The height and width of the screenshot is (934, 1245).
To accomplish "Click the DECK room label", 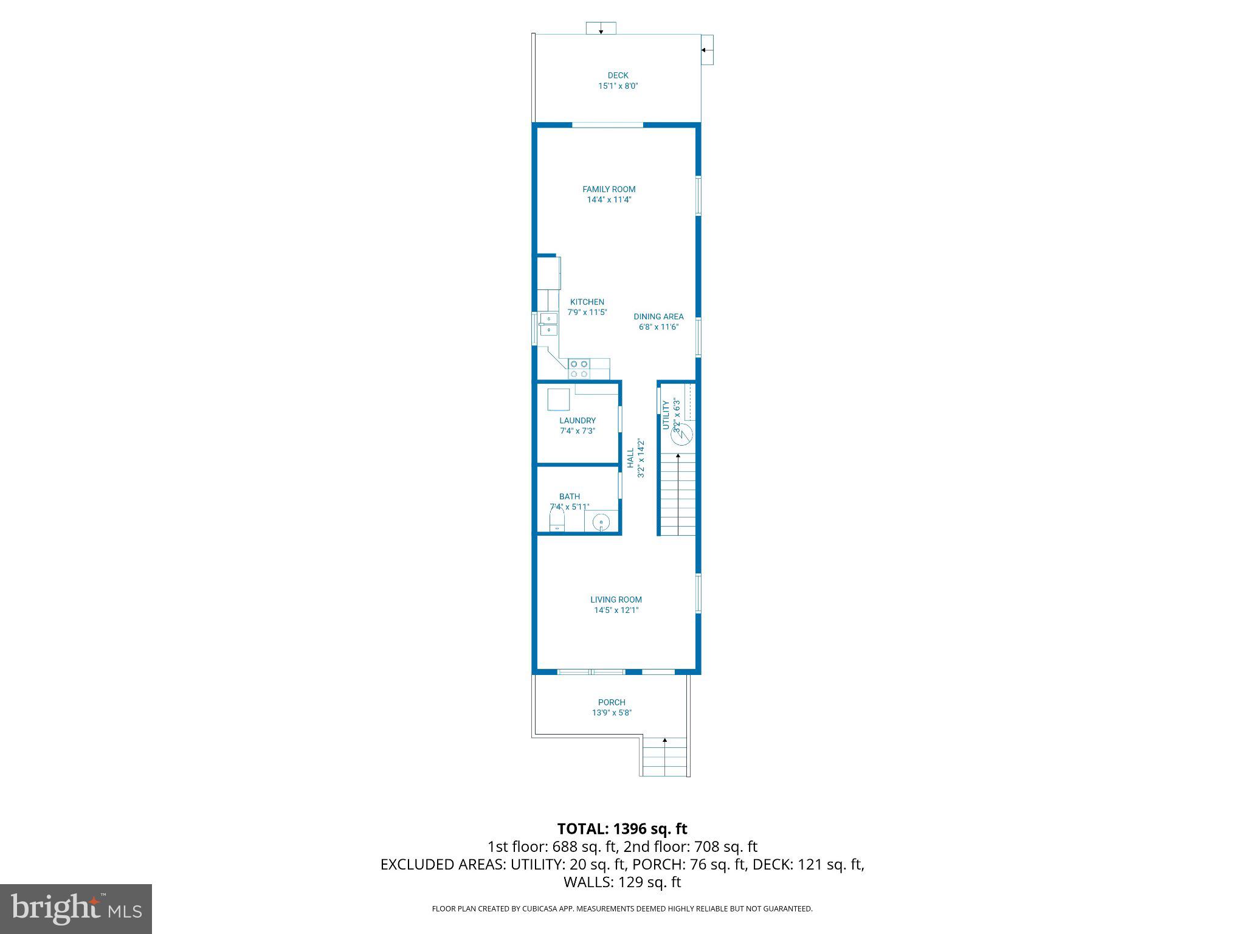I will [x=618, y=76].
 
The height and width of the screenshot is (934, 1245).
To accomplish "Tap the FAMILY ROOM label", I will [x=609, y=189].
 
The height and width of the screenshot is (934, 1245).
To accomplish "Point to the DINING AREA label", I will [x=658, y=316].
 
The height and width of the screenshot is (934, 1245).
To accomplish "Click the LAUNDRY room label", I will [x=577, y=420].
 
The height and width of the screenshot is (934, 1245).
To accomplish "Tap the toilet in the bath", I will [x=557, y=521].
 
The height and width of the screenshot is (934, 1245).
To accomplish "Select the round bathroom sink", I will [x=601, y=522].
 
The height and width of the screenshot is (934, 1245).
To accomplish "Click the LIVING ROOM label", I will [x=616, y=600].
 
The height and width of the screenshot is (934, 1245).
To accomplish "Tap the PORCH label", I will [x=612, y=702].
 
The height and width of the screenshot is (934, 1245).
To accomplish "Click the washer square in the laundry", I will [x=558, y=400].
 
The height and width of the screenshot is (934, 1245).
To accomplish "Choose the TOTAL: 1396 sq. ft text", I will [x=622, y=829].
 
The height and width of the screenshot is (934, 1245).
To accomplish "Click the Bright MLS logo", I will [x=76, y=908].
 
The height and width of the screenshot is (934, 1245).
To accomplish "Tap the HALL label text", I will [x=630, y=458].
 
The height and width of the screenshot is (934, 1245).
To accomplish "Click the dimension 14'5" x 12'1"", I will [x=616, y=610].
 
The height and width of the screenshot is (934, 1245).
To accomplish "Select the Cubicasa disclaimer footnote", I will [x=622, y=909].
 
